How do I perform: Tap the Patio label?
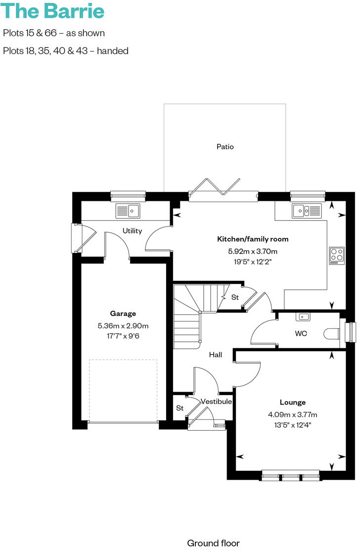225,146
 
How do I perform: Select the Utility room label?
132,230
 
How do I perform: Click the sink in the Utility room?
129,211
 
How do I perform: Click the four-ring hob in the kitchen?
337,255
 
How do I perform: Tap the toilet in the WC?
332,334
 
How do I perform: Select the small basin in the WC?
303,317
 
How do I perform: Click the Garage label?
123,313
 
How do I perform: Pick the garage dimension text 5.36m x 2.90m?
123,325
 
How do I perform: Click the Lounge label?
292,402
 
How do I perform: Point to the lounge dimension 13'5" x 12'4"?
292,424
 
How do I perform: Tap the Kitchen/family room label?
253,239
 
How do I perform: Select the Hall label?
215,355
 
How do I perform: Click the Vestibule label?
216,402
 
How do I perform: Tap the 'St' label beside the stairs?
235,297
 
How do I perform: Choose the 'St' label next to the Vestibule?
180,408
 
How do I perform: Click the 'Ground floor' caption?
213,543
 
